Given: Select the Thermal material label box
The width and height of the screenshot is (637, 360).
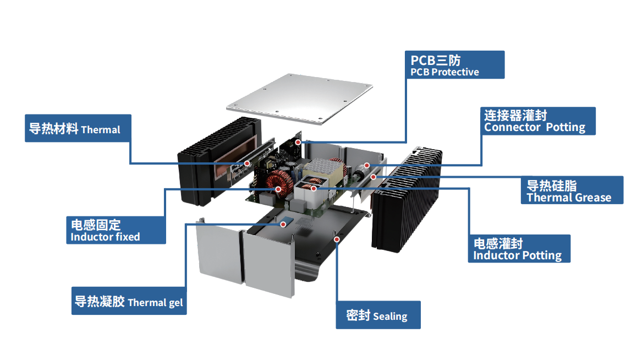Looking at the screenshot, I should [78, 128].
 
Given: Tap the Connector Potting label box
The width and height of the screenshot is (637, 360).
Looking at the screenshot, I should [537, 121].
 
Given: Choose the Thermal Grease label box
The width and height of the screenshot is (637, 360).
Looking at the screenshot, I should [572, 190].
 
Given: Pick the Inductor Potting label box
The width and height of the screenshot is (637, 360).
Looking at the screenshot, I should [519, 249].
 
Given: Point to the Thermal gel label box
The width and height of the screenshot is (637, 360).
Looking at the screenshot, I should [129, 301].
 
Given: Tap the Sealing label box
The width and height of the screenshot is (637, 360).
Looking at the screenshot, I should [378, 315].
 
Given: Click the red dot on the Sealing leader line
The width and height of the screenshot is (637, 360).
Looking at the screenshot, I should [337, 239].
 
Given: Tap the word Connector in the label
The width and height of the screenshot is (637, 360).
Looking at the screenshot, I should [512, 127].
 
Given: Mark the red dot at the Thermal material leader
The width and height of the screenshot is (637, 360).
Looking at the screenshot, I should [247, 163].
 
